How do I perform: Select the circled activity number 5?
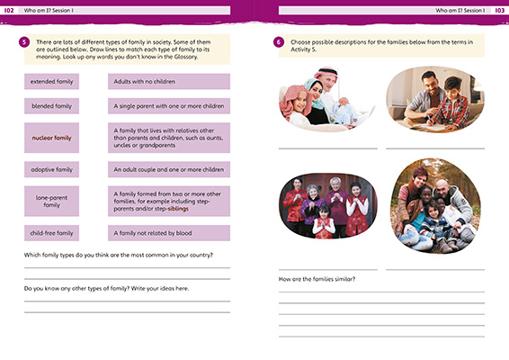tap(24, 42)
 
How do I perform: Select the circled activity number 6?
tap(279, 42)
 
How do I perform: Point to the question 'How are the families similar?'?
tap(317, 279)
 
